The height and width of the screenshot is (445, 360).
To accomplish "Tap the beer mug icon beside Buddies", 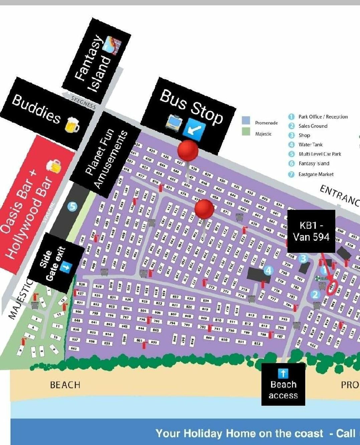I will point(73,125).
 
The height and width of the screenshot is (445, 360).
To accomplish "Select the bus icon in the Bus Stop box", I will point(174,123).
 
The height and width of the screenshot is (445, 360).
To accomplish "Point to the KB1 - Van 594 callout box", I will point(311,231).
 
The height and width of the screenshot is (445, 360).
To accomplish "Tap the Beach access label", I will point(283,385).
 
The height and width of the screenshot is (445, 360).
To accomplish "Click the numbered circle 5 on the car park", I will point(72,207).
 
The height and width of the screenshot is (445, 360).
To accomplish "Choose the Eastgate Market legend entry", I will point(316,174).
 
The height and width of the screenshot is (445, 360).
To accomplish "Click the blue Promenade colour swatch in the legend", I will point(246,120).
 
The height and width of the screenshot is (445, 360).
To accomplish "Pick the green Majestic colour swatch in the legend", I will point(246,132).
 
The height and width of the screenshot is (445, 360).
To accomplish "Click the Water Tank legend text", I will point(310,145).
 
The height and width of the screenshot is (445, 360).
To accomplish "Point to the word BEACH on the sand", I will point(65,385).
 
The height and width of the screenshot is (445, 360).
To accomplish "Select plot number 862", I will point(74,349).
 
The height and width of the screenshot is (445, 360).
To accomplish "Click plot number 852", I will point(257,343).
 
